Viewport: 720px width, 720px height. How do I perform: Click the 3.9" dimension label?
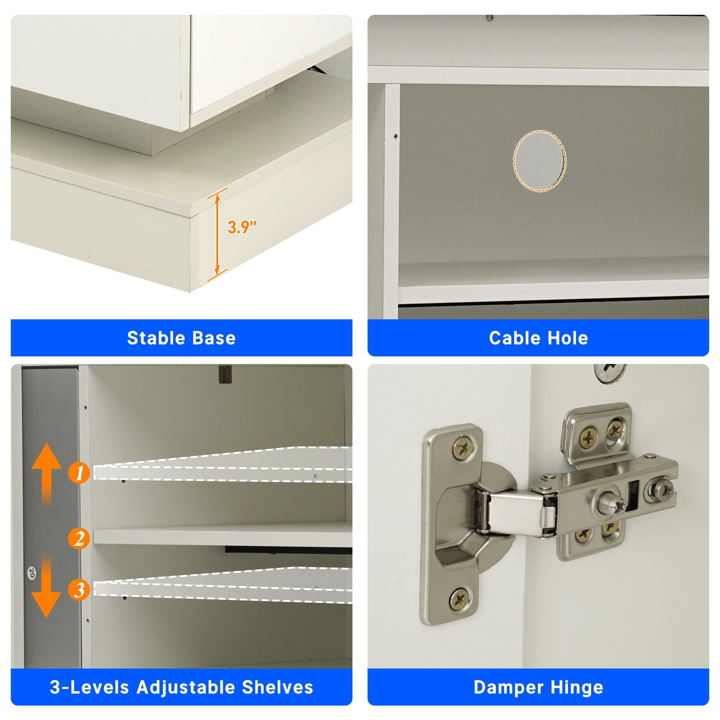[242, 227]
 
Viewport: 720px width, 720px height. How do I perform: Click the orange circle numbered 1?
[78, 473]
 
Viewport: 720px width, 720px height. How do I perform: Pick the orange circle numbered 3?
[78, 590]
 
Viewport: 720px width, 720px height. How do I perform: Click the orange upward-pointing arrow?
[46, 473]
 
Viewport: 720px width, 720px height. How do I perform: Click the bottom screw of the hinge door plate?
[460, 599]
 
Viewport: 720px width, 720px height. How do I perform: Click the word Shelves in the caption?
[277, 687]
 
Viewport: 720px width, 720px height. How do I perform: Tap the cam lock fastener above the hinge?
[611, 373]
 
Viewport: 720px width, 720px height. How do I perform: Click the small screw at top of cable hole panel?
[491, 17]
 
